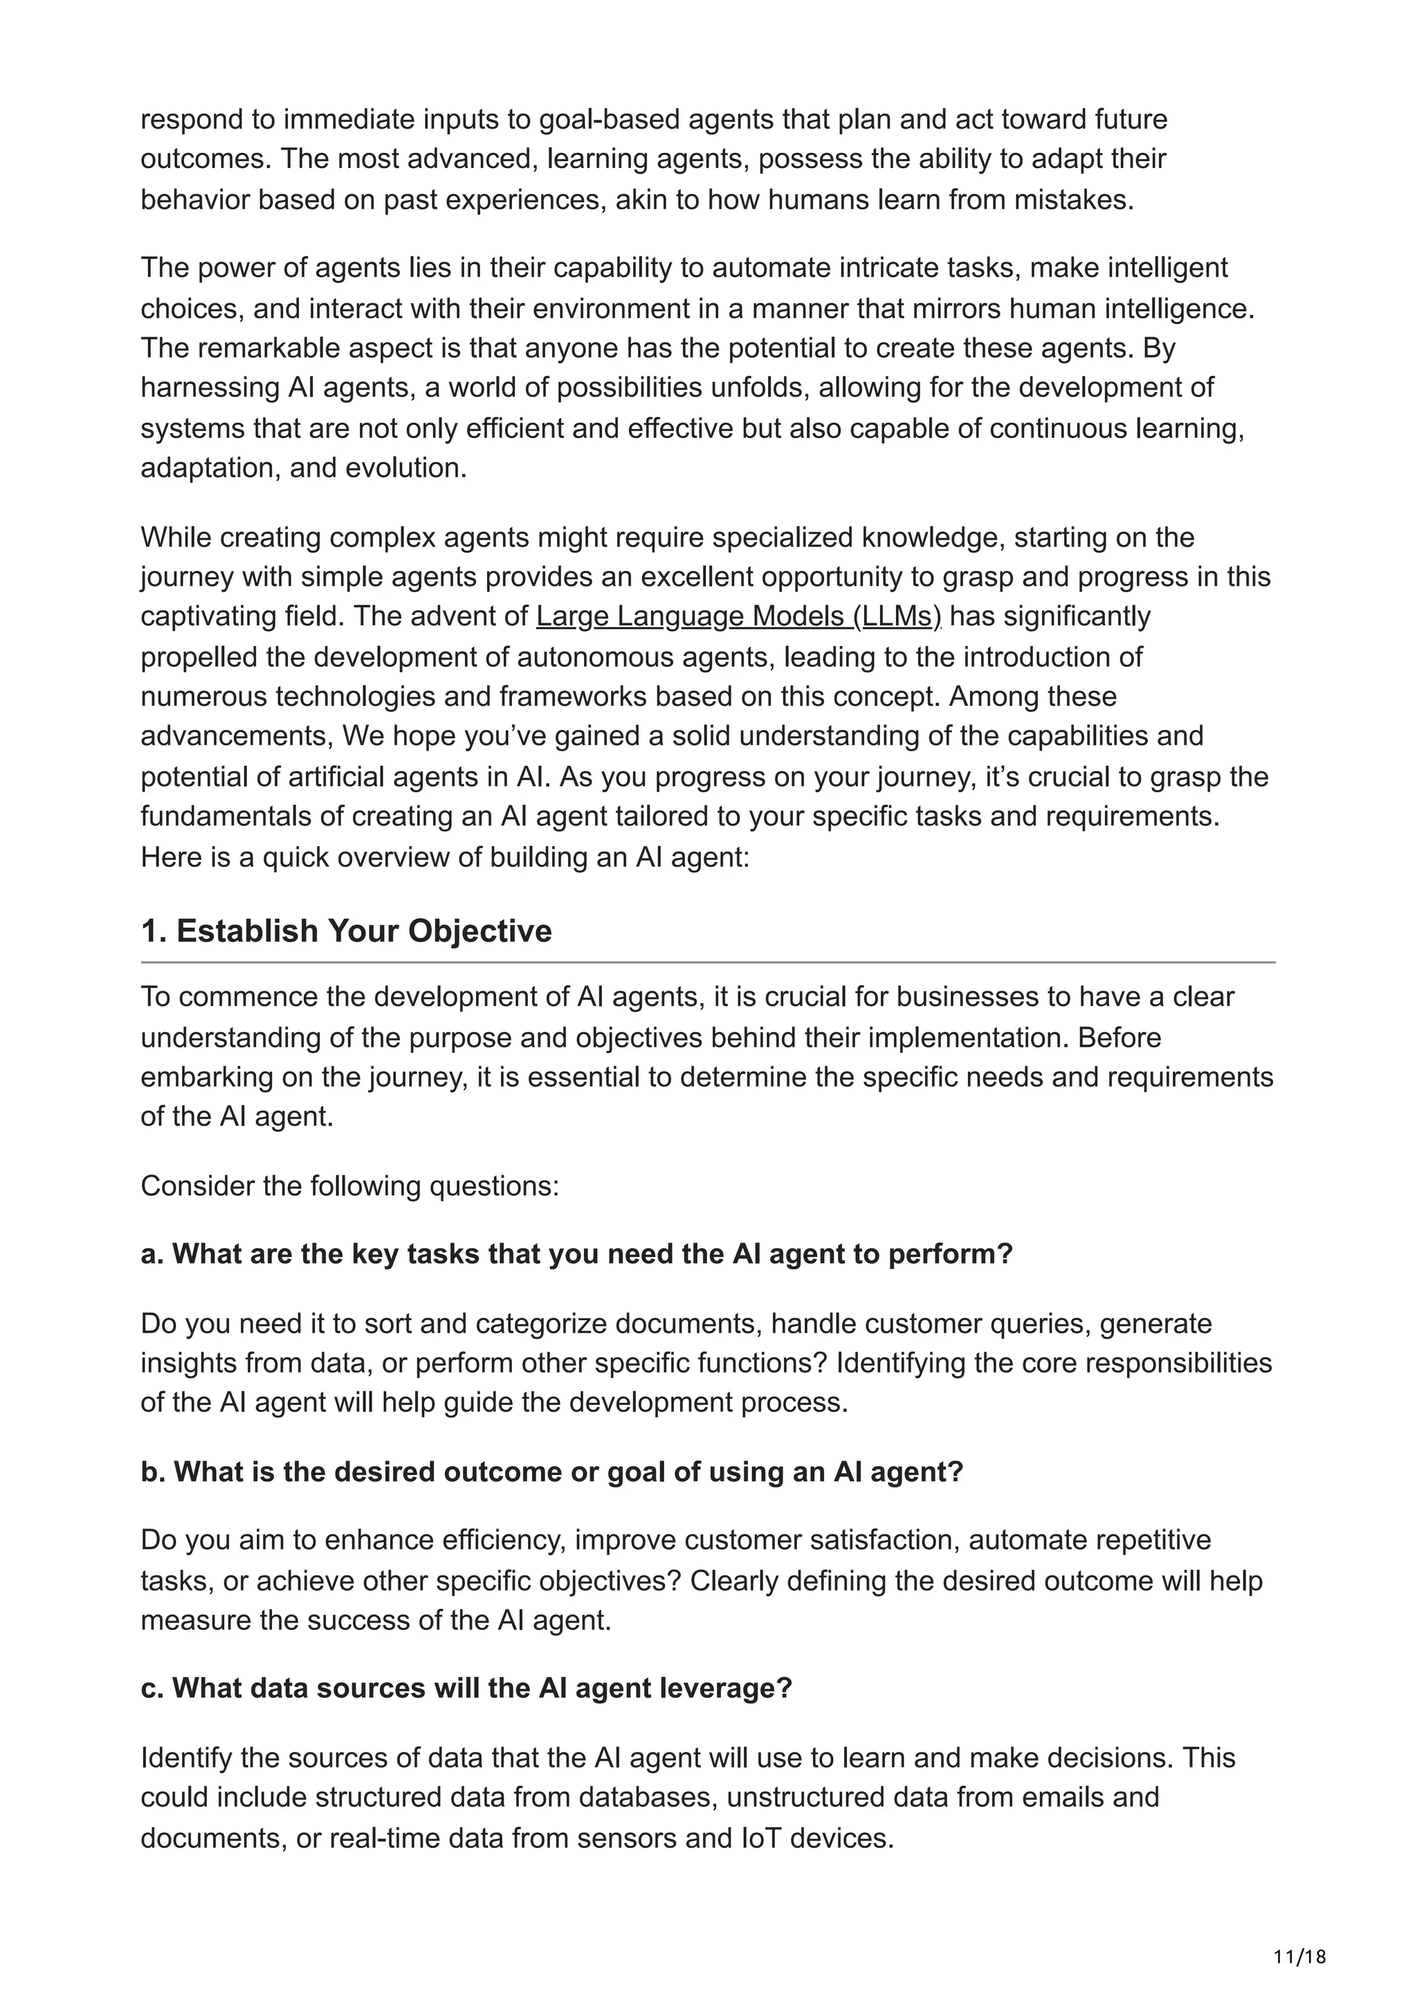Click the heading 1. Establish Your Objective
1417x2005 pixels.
(x=346, y=931)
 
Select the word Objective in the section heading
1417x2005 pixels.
(x=479, y=931)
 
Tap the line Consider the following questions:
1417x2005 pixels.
(x=349, y=1186)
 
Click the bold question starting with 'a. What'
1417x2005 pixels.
(x=576, y=1254)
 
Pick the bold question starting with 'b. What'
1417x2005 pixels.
(x=551, y=1472)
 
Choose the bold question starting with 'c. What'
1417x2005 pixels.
(x=466, y=1688)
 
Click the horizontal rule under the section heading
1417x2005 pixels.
(x=707, y=962)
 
